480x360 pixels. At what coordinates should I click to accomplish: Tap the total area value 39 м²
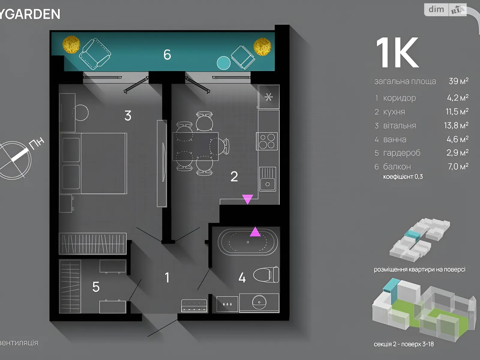(x=458, y=81)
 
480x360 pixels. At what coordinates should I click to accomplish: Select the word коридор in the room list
(x=399, y=98)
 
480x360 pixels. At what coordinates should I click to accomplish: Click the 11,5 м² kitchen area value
(x=457, y=112)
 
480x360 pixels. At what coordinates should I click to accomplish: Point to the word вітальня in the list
(x=400, y=125)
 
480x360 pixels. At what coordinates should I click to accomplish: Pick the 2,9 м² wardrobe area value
(x=457, y=153)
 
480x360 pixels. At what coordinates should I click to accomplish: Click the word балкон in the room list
(x=397, y=166)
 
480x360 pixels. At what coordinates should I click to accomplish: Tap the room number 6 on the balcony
(x=167, y=55)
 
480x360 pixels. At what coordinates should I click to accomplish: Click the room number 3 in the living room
(x=128, y=115)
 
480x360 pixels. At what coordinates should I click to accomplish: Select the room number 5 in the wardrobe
(x=96, y=287)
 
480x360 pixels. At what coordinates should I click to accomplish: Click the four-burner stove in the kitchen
(x=267, y=141)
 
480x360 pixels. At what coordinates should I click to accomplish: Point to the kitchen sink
(x=267, y=179)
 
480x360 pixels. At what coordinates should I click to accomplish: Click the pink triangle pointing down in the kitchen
(x=247, y=199)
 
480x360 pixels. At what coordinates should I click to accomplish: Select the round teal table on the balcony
(x=223, y=63)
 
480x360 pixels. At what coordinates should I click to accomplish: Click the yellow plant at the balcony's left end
(x=71, y=45)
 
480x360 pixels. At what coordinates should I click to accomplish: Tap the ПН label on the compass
(x=37, y=143)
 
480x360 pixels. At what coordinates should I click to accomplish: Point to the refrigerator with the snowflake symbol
(x=268, y=97)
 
